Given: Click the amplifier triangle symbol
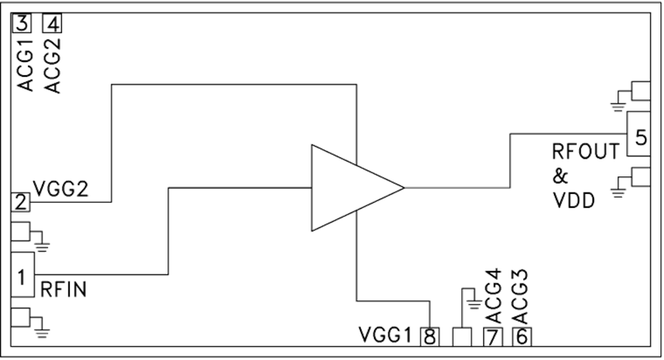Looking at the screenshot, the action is tap(358, 187).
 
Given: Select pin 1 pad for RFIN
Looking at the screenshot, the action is tap(22, 274).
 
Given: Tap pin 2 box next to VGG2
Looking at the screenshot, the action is tap(21, 202).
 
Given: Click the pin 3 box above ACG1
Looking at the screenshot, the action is tap(22, 24).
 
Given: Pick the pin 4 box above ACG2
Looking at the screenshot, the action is tap(52, 24).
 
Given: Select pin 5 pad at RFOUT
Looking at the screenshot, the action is tap(639, 134).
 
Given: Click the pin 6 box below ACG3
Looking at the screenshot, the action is tap(522, 337).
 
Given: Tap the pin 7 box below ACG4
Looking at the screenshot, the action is tap(493, 337).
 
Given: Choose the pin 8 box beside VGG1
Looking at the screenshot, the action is tap(430, 337).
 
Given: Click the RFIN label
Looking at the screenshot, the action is tap(63, 290).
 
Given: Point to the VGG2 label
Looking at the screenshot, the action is tap(61, 189).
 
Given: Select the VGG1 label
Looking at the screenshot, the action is tap(385, 335).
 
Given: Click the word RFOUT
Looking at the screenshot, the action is tap(586, 152).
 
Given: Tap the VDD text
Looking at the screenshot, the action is tap(574, 201).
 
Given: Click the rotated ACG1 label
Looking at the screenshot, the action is tap(25, 65).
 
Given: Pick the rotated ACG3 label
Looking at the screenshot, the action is tap(520, 297).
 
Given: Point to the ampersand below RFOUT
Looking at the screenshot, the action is tap(560, 176).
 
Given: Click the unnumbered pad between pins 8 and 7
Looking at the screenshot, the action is tap(462, 337).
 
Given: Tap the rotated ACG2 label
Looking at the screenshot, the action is tap(53, 66).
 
